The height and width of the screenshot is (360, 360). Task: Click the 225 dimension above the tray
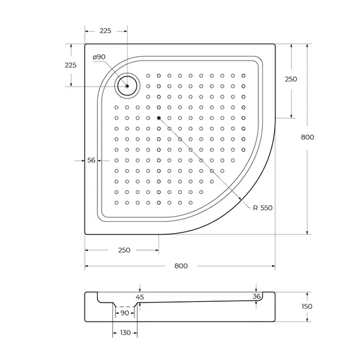(105, 31)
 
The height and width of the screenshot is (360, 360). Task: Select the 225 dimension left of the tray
(71, 65)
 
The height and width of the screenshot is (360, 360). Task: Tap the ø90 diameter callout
(99, 57)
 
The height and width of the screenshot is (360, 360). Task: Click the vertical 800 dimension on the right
(308, 137)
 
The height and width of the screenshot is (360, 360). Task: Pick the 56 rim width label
(91, 160)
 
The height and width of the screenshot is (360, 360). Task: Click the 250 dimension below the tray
(124, 250)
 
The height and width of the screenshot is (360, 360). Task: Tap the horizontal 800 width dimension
(181, 265)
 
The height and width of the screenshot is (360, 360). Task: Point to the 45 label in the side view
(140, 296)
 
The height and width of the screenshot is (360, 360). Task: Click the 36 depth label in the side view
(256, 296)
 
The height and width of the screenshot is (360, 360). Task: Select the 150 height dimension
(308, 306)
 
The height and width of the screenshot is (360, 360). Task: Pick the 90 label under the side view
(124, 313)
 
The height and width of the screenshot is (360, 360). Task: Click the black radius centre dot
(159, 118)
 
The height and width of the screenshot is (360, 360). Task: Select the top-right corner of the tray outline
(275, 45)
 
